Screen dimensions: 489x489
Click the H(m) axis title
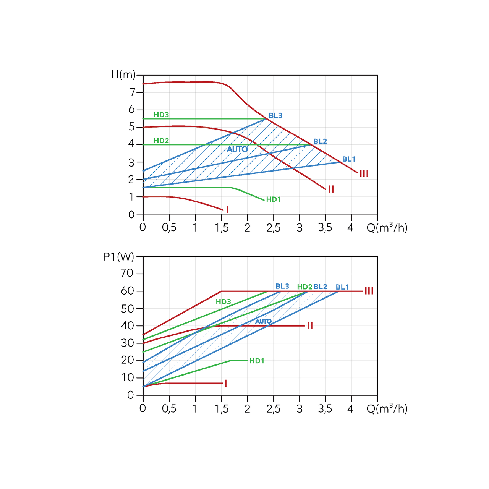tap(123, 74)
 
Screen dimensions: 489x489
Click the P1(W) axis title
tap(119, 257)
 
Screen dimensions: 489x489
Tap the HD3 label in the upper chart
tap(161, 115)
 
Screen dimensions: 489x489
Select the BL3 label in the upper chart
tap(275, 115)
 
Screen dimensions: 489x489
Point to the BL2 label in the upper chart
tap(320, 141)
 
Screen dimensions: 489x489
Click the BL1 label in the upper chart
tap(348, 159)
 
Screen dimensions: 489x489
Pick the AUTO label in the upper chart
tap(237, 149)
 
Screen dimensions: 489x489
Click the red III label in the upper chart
tap(364, 174)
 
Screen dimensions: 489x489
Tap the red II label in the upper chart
tap(331, 189)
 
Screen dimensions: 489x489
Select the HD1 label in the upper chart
tap(274, 199)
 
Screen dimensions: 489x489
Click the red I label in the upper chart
tap(228, 209)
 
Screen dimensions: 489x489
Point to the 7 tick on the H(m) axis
tap(133, 92)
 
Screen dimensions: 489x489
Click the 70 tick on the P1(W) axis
tap(127, 273)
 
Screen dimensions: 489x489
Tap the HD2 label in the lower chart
tap(304, 287)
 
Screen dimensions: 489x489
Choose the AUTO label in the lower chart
tap(263, 321)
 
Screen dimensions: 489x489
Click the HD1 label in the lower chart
tap(257, 361)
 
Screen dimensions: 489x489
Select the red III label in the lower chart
tap(369, 291)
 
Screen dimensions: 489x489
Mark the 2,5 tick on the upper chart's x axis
tap(273, 228)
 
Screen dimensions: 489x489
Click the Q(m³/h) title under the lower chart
tap(387, 409)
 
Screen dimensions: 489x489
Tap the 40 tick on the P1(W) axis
tap(127, 325)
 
